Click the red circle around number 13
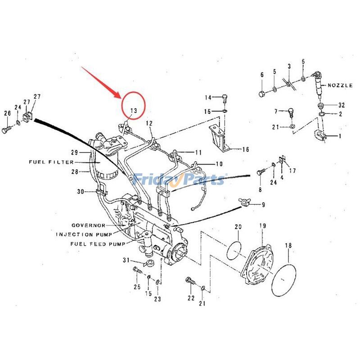(133, 104)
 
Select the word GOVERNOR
(88, 225)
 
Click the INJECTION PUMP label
(81, 234)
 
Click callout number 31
(126, 261)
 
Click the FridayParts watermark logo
(180, 180)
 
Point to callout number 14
(208, 98)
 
